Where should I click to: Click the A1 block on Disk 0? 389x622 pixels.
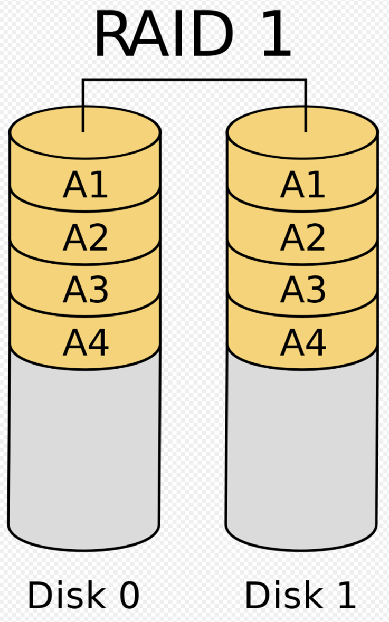point(85,185)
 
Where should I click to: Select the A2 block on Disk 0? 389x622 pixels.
point(85,238)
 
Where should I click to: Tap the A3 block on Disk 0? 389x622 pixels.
point(85,290)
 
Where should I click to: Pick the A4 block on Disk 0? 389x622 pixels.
point(85,342)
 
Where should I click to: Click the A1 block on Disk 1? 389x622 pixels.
point(302,185)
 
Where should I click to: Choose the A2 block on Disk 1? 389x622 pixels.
point(302,238)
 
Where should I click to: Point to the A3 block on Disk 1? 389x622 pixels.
point(302,290)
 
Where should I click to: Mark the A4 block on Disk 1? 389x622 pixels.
point(302,342)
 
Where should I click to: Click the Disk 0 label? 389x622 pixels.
point(83,595)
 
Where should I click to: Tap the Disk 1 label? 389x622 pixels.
point(300,595)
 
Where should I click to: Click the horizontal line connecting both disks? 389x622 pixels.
point(194,80)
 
